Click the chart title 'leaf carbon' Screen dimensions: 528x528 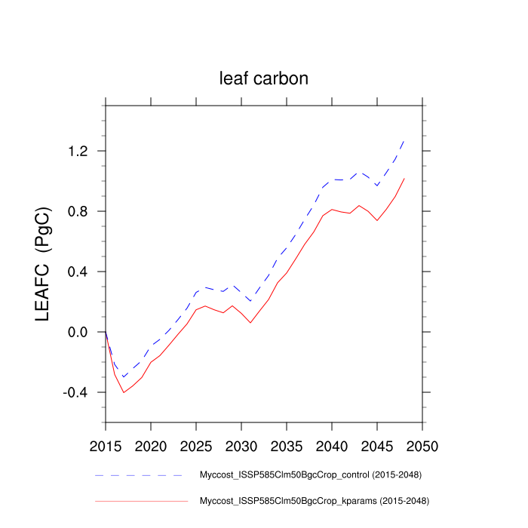point(264,78)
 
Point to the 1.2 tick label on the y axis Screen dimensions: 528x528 point(78,152)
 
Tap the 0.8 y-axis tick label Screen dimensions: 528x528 point(78,212)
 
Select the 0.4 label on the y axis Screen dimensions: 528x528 point(78,272)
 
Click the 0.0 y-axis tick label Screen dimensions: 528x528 point(78,333)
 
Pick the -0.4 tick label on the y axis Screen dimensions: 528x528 point(75,393)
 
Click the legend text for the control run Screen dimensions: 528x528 point(310,475)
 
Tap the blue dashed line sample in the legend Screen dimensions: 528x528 point(140,475)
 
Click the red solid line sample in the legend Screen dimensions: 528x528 point(140,500)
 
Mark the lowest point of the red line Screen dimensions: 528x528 point(124,392)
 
